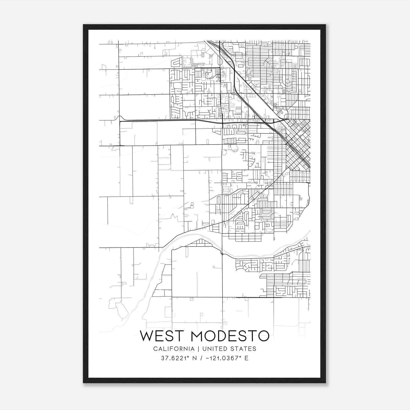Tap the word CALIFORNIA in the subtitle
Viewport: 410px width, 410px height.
click(174, 349)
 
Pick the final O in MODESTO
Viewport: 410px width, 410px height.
click(263, 336)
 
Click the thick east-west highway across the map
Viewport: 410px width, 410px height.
click(167, 120)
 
